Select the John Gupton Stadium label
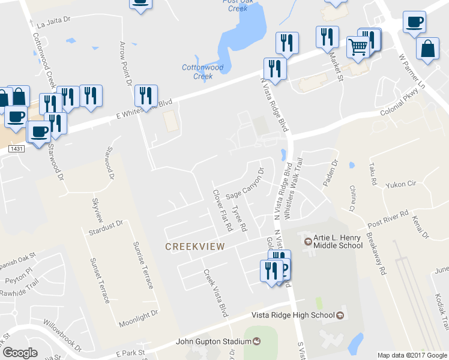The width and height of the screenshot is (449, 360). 213,342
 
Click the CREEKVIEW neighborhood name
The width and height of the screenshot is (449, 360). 194,247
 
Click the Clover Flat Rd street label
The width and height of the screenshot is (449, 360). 222,211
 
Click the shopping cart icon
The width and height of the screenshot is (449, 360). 358,47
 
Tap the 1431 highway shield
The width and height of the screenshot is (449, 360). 17,148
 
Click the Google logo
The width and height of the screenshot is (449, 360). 20,353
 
